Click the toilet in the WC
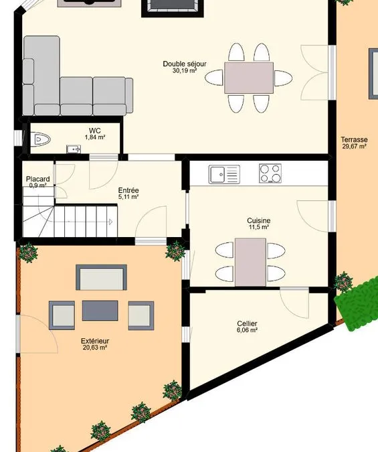tap(40, 140)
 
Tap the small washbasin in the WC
tap(74, 149)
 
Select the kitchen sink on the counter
tap(224, 174)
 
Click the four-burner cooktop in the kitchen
tap(270, 173)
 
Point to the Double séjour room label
tap(185, 64)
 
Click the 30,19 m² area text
tap(185, 70)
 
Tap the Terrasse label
tap(354, 139)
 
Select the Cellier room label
tap(247, 323)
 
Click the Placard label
tap(37, 179)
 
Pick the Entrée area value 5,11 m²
tap(128, 197)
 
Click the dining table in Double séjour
tap(249, 78)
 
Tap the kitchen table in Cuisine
tap(250, 262)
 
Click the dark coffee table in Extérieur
tap(100, 311)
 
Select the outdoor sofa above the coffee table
tap(101, 277)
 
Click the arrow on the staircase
tap(110, 222)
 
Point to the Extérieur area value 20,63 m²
tap(95, 348)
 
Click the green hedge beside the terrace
tap(357, 304)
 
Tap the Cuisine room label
tap(259, 220)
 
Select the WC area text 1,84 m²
tap(95, 137)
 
